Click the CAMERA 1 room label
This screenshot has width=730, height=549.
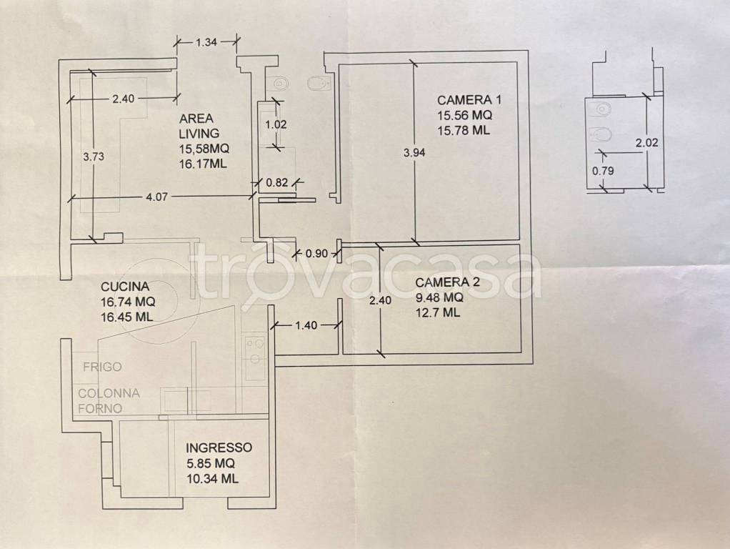pos(469,100)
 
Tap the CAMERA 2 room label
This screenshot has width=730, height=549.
pos(447,282)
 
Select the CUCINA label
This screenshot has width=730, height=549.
pos(125,286)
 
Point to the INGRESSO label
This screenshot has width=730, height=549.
pos(219,447)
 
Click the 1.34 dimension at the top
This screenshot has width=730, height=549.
pos(206,42)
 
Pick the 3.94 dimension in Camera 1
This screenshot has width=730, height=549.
pos(414,152)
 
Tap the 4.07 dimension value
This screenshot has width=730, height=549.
pos(156,197)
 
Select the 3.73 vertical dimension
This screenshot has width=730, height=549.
pos(94,157)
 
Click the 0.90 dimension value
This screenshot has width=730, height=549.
pos(316,254)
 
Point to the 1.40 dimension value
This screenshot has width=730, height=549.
pos(306,325)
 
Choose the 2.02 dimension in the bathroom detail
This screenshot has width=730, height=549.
pos(647,142)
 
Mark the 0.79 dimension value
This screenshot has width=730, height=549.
pos(603,171)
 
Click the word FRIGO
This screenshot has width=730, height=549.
pos(102,367)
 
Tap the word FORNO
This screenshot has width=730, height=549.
pos(100,408)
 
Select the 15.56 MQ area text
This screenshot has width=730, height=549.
pos(464,114)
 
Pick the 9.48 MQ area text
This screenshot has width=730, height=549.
pos(439,297)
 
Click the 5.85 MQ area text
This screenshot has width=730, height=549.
pos(211,463)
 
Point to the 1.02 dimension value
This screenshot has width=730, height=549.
pos(276,124)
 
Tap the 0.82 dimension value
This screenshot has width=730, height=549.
pos(277,182)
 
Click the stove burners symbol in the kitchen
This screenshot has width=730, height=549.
pos(255,351)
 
